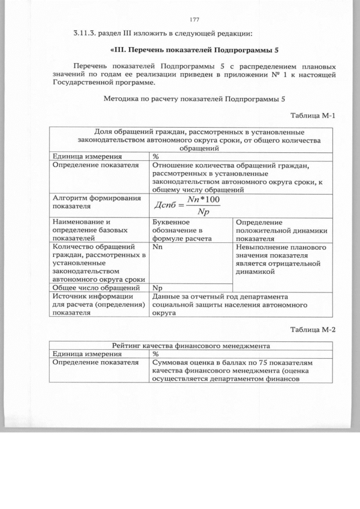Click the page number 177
pyautogui.click(x=195, y=20)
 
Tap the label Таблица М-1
pyautogui.click(x=313, y=116)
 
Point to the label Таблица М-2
pyautogui.click(x=313, y=329)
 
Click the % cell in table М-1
pyautogui.click(x=156, y=157)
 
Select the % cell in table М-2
pyautogui.click(x=156, y=354)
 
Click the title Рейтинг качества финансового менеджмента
pyautogui.click(x=192, y=345)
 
